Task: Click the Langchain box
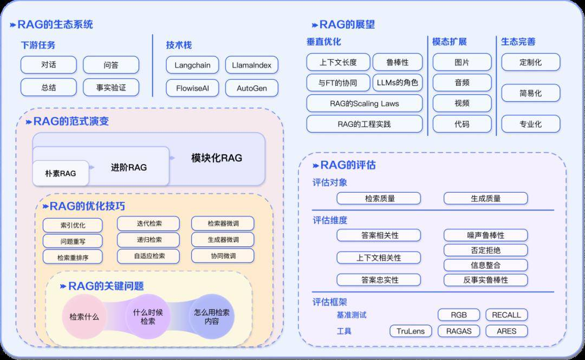coord(192,65)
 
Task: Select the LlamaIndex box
coord(251,65)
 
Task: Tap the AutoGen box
coord(251,88)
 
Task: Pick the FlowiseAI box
coord(192,88)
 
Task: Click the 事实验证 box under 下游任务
coord(110,87)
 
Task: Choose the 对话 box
coord(48,65)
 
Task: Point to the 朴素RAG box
coord(60,173)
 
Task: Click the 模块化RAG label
coord(216,158)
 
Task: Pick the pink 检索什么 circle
coord(84,317)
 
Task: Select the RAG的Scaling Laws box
coord(364,103)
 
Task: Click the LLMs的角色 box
coord(397,82)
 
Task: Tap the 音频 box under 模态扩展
coord(461,82)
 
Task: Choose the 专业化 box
coord(530,124)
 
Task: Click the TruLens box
coord(411,331)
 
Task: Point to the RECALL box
coord(506,315)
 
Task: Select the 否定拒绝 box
coord(485,250)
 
